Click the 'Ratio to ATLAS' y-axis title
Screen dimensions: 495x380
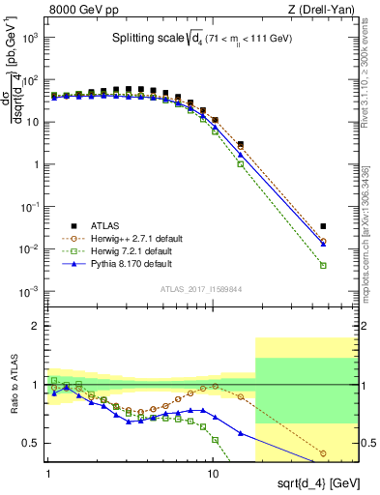13,386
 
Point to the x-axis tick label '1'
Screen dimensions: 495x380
49,476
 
